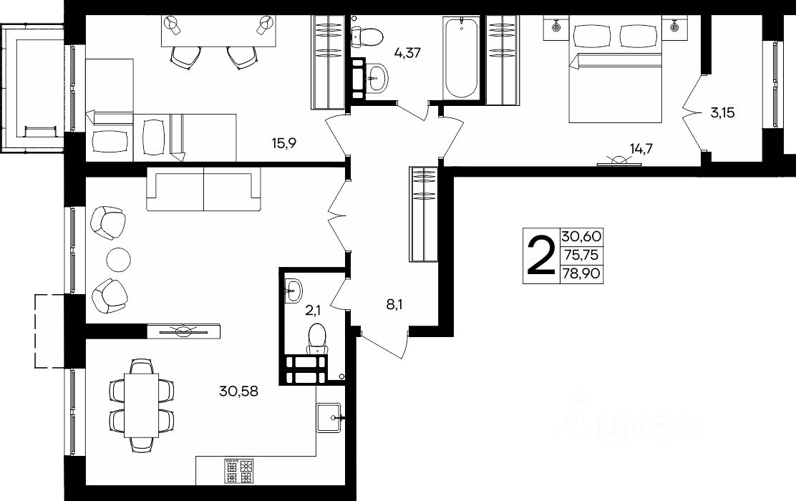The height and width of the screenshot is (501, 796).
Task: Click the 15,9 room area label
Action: click(x=284, y=144)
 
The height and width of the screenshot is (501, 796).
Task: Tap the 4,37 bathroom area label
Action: click(x=407, y=52)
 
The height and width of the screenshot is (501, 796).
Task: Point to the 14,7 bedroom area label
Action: click(x=641, y=149)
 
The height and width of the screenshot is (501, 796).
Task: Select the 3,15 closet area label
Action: click(x=722, y=112)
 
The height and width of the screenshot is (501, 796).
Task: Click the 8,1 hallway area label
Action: click(x=394, y=305)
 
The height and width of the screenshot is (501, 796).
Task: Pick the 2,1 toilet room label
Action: click(x=312, y=310)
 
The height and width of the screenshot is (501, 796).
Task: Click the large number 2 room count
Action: click(x=541, y=256)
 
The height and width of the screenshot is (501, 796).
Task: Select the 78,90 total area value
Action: click(x=581, y=274)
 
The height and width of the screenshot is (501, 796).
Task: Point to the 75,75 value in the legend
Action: click(x=581, y=256)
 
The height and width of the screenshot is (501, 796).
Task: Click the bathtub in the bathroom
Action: click(x=461, y=57)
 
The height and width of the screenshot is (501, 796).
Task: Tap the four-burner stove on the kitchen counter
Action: click(x=238, y=472)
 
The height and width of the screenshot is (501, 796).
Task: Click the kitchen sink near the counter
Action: click(x=329, y=417)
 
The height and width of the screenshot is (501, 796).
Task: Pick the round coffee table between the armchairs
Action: click(x=118, y=260)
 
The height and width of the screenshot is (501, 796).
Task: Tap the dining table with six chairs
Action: click(x=142, y=406)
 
